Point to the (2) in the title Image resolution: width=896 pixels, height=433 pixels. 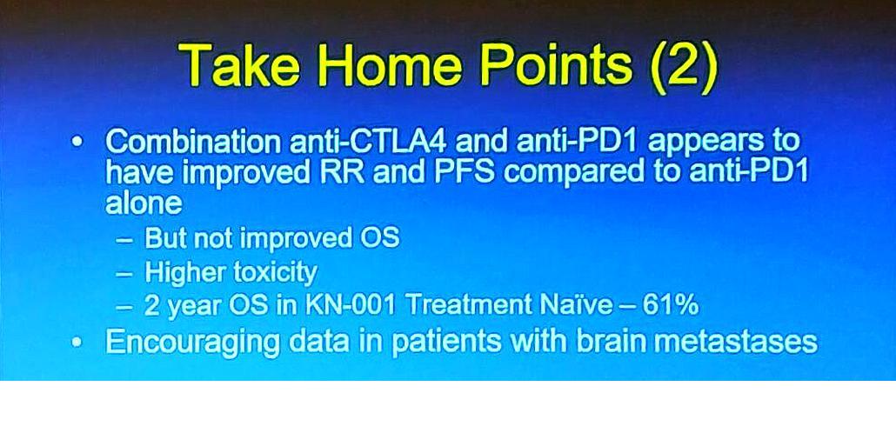point(683,69)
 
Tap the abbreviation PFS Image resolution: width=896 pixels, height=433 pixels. point(465,172)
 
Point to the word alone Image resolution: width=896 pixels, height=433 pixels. point(144,203)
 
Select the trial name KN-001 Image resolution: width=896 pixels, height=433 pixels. point(351,305)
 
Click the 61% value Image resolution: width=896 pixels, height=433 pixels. point(671,305)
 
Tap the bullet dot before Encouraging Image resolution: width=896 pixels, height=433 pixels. point(78,343)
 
